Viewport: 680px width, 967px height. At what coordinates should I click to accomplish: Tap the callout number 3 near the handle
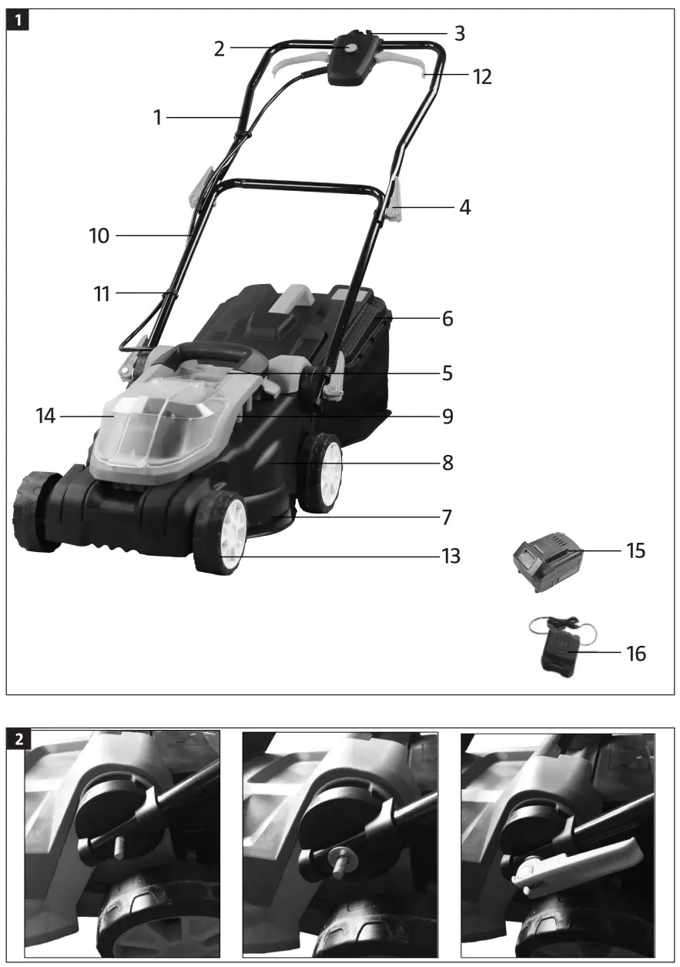pos(459,34)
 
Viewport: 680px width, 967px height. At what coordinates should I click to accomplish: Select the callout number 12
pos(483,76)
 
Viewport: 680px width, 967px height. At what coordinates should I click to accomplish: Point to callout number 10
pos(99,236)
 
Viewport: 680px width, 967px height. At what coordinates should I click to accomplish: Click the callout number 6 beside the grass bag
pos(447,318)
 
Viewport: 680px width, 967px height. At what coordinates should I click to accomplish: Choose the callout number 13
pos(451,555)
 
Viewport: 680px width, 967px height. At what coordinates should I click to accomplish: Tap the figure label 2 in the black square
pos(18,740)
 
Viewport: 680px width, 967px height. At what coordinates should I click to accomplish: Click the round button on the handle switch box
pos(351,49)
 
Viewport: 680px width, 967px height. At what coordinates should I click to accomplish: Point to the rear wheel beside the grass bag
pos(323,471)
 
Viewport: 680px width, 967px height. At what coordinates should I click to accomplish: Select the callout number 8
pos(447,463)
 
